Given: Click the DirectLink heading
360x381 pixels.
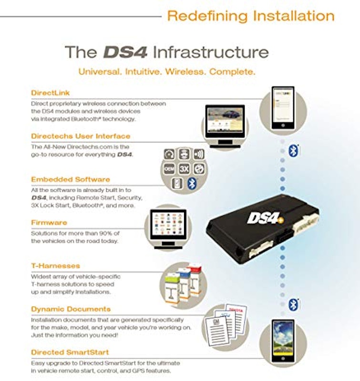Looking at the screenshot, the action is click(x=51, y=93).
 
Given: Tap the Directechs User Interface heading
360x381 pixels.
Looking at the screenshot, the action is click(x=81, y=136).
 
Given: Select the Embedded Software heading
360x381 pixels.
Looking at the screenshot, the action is click(x=71, y=180).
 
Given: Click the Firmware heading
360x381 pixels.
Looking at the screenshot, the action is click(x=49, y=222).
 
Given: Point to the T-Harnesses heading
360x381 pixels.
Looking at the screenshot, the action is click(x=55, y=266).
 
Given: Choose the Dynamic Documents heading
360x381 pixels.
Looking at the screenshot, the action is click(x=71, y=309).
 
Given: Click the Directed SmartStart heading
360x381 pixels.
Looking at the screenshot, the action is click(x=70, y=352).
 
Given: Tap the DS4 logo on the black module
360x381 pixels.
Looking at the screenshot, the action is click(x=265, y=218).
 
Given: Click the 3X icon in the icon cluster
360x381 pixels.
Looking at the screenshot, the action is click(x=184, y=169).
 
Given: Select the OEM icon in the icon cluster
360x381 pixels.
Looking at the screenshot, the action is click(x=169, y=169).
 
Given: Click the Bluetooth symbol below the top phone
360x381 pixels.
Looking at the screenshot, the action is click(x=293, y=150).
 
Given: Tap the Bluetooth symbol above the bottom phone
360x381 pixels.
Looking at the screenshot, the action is click(x=293, y=305).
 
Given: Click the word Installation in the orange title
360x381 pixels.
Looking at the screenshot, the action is click(x=294, y=16).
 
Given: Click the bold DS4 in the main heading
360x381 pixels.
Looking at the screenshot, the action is click(x=125, y=52).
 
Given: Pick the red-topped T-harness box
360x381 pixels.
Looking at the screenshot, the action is click(x=195, y=281).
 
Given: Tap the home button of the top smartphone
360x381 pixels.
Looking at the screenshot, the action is click(x=283, y=125).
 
